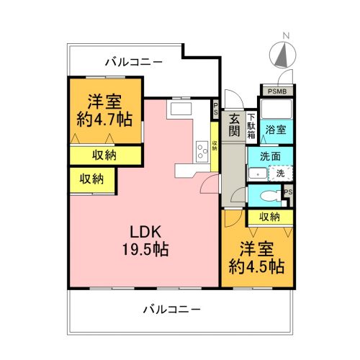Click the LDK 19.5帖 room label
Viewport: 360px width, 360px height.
tap(145, 240)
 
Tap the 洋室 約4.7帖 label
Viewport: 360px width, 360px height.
tap(104, 111)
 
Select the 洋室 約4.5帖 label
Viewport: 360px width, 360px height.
tap(256, 258)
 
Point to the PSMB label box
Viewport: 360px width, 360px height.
tap(277, 91)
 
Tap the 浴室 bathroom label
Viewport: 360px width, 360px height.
tap(276, 130)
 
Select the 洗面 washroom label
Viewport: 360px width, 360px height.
tap(270, 156)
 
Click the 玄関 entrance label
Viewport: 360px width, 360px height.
tap(234, 125)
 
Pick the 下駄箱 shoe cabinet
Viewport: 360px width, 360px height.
tap(251, 126)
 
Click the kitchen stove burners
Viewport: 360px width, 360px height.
tap(202, 152)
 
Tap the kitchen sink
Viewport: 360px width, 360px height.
tap(181, 109)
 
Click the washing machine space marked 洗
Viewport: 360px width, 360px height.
tap(280, 174)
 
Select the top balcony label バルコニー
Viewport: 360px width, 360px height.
tap(134, 63)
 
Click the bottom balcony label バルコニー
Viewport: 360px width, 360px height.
tap(171, 310)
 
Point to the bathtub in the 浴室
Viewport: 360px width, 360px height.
tap(276, 109)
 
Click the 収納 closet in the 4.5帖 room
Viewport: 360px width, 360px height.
tap(270, 217)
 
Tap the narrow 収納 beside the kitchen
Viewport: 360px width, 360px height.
tap(215, 147)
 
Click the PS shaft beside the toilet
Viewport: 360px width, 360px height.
tap(288, 192)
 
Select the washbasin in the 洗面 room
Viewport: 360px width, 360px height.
tap(258, 174)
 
